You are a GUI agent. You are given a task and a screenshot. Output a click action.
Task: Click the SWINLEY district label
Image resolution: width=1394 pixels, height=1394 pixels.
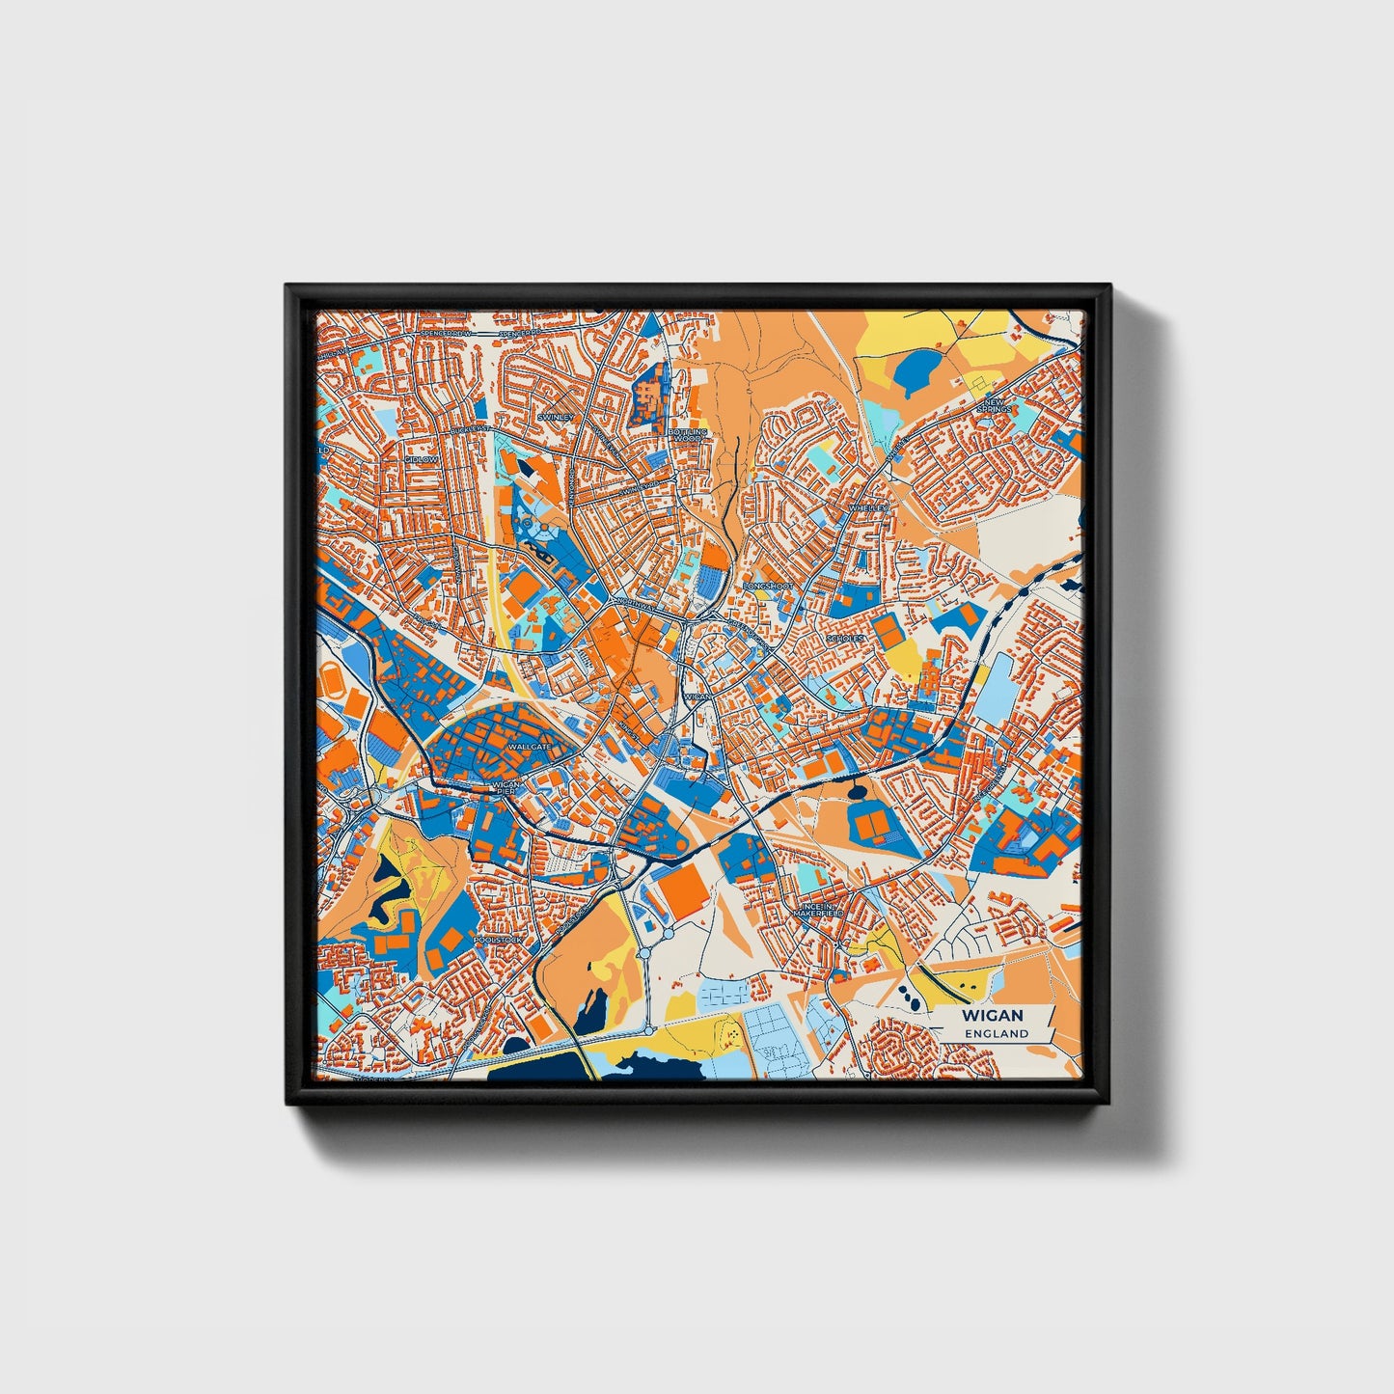tap(556, 417)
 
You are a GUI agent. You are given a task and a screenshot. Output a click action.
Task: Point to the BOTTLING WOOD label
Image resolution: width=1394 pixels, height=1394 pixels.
tap(690, 435)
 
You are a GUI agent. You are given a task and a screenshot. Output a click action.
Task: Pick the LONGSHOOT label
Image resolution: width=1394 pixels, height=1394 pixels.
tap(768, 586)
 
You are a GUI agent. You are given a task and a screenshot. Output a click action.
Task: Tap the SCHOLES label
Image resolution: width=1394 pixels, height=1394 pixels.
tap(844, 639)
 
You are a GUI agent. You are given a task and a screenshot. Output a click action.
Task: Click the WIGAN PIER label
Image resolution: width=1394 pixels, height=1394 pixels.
tap(506, 788)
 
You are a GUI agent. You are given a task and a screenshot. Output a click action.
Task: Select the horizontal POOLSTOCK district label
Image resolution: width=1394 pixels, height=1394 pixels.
tap(498, 940)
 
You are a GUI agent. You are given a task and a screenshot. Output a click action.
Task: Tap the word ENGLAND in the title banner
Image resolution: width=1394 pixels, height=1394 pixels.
tap(998, 1033)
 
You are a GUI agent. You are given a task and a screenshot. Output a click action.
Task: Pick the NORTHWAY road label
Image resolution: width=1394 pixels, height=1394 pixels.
tap(633, 606)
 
